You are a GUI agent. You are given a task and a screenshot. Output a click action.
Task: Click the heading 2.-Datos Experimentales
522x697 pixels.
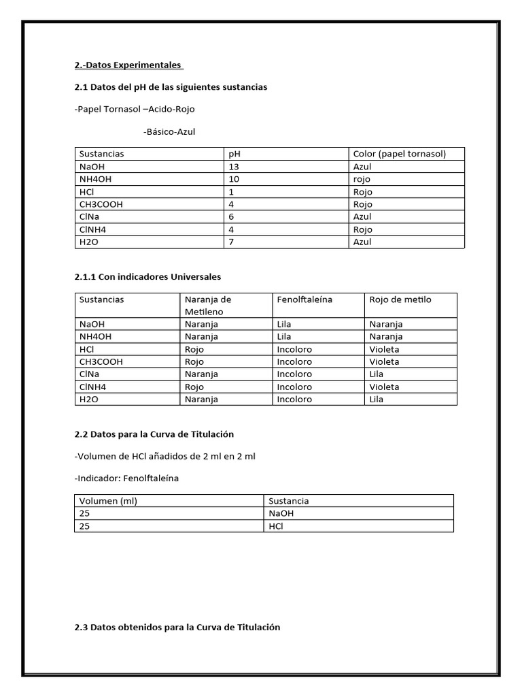128,65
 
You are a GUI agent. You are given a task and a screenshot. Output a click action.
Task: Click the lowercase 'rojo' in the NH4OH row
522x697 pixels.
362,179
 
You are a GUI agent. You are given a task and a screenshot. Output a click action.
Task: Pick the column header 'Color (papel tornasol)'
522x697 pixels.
399,154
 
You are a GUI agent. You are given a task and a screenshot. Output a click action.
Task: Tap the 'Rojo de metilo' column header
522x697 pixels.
400,299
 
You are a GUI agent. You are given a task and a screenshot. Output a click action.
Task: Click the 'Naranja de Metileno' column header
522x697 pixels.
208,305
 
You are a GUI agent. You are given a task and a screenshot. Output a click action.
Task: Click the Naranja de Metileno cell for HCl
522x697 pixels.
194,349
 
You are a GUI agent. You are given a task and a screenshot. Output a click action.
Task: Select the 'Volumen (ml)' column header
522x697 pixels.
108,501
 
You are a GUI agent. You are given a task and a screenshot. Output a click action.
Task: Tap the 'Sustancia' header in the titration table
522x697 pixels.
289,501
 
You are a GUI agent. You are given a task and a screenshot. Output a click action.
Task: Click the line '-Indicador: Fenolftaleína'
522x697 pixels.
126,479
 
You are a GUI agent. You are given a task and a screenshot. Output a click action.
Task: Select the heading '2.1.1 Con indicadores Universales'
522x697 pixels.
147,277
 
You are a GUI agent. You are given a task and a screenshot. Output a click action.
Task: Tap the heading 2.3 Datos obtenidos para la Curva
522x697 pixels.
177,628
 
